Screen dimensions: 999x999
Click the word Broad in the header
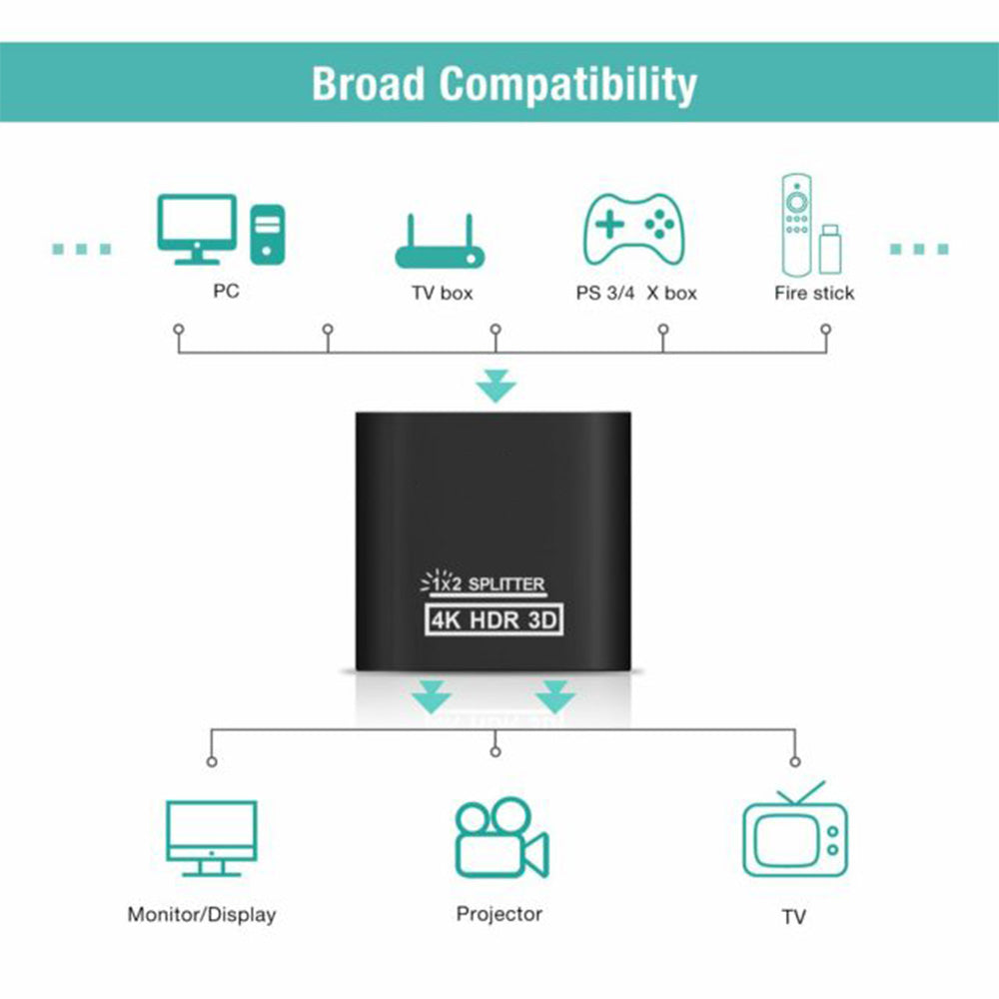(369, 83)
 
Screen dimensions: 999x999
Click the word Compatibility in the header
(568, 85)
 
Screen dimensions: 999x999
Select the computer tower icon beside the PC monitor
(267, 234)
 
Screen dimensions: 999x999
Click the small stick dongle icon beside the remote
(829, 250)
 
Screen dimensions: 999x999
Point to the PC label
(226, 292)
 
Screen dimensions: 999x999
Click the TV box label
(443, 293)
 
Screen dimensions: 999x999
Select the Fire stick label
(814, 293)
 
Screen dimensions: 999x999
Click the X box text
(671, 293)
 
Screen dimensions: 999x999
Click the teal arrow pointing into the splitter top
(496, 386)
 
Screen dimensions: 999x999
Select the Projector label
(499, 913)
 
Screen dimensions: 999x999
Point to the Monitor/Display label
(202, 914)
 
